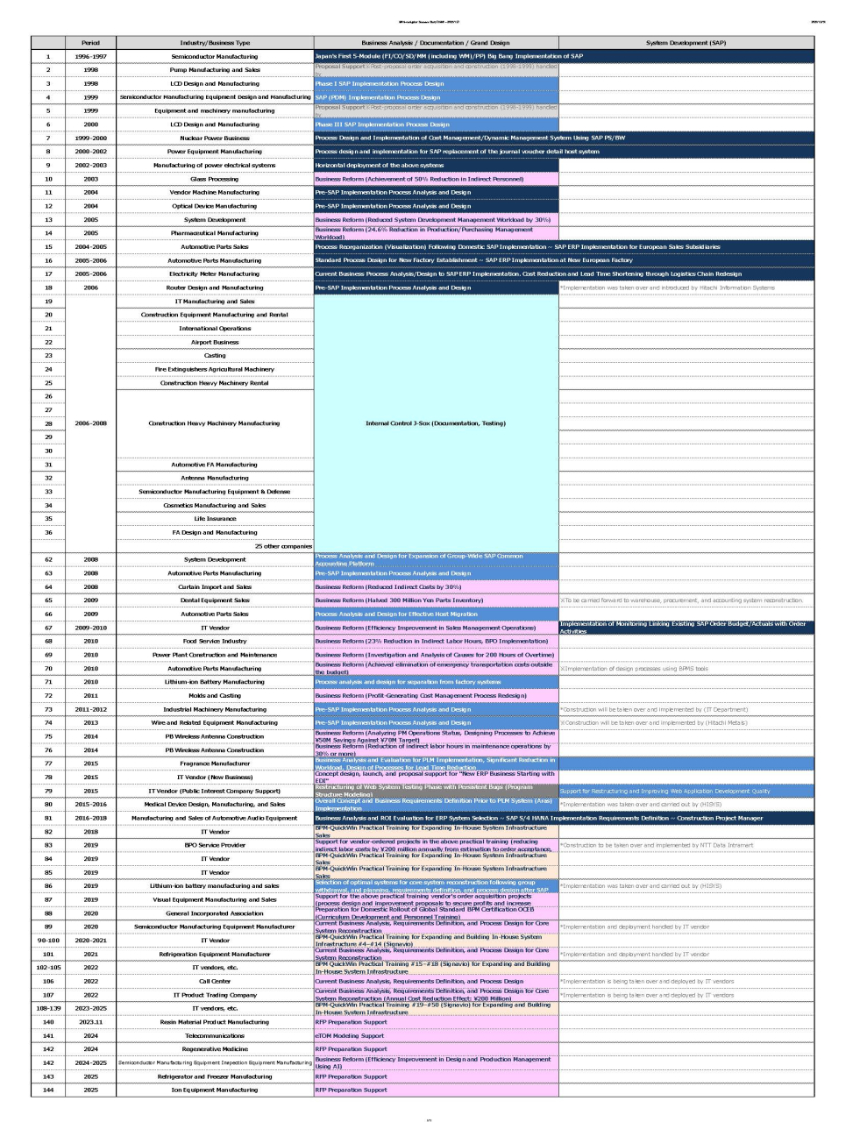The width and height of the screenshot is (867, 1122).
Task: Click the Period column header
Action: tap(90, 43)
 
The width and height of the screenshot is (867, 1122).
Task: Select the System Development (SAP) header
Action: tap(686, 43)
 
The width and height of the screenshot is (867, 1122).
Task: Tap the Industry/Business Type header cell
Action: tap(215, 43)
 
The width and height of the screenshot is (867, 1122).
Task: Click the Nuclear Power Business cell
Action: tap(215, 138)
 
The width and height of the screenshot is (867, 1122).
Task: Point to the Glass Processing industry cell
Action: tap(215, 179)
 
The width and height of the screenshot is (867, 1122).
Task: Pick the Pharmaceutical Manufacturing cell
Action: tap(215, 233)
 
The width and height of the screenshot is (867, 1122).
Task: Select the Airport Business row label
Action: tap(215, 342)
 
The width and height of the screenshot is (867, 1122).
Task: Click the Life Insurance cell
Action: tap(215, 519)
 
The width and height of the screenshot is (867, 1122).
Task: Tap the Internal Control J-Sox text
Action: tap(436, 423)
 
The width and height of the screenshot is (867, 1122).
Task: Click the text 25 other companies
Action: tap(283, 546)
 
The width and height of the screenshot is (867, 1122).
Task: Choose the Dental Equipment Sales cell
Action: tap(215, 600)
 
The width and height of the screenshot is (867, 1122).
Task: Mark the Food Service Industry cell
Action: tap(215, 641)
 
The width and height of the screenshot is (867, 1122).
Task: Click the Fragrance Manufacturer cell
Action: tap(215, 763)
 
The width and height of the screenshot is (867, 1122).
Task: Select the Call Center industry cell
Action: tap(215, 981)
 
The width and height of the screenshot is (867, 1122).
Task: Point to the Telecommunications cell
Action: tap(215, 1035)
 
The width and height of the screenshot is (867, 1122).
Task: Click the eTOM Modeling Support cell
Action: tap(350, 1035)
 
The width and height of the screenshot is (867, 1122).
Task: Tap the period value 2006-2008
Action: tap(90, 423)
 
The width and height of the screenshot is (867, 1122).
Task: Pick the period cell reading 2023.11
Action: tap(90, 1022)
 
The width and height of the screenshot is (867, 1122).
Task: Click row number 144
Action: tap(48, 1090)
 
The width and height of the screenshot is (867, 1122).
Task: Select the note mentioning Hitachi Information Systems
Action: tap(667, 288)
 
